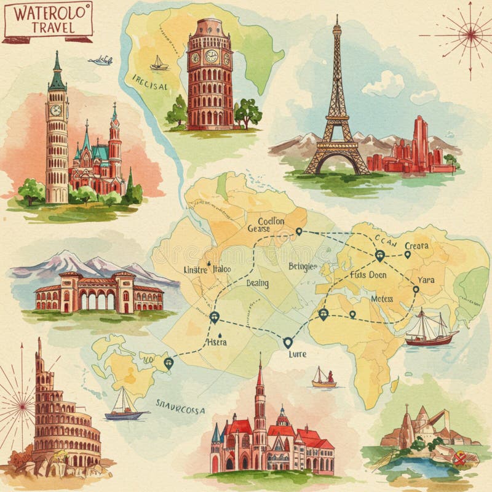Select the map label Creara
point(416,245)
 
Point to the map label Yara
point(426,280)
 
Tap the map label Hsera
point(216,342)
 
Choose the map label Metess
point(382,298)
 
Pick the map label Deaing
point(257,283)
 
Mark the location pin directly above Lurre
point(287,343)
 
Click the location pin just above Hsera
point(214,317)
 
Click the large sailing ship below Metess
point(431,329)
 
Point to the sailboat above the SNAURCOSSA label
point(124,405)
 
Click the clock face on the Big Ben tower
point(56,110)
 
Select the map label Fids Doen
point(368,275)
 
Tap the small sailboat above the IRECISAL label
point(159,63)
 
